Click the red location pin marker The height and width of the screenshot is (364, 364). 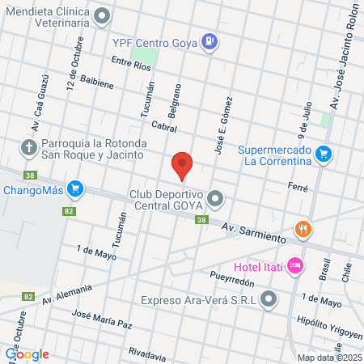tap(182, 164)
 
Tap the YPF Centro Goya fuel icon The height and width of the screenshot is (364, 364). tap(210, 40)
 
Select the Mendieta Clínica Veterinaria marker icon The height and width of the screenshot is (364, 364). tap(103, 15)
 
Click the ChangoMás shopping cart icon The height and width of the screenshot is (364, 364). tap(75, 189)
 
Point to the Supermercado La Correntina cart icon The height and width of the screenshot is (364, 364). tap(324, 153)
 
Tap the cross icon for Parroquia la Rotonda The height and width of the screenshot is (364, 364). tap(28, 146)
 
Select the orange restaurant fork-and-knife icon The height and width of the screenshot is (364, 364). tap(303, 228)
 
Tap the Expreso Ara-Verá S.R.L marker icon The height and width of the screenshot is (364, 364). tap(270, 299)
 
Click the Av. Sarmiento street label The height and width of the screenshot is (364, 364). tap(254, 235)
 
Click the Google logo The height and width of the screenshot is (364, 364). tap(27, 354)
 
